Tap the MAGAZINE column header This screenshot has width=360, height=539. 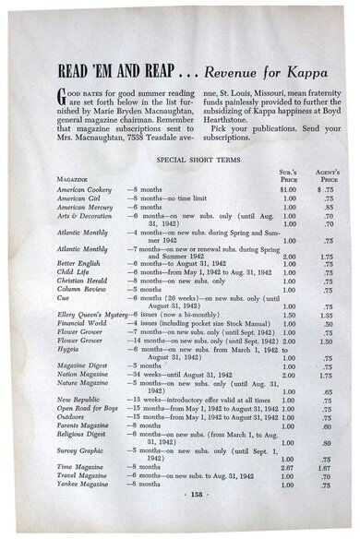pyautogui.click(x=75, y=177)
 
